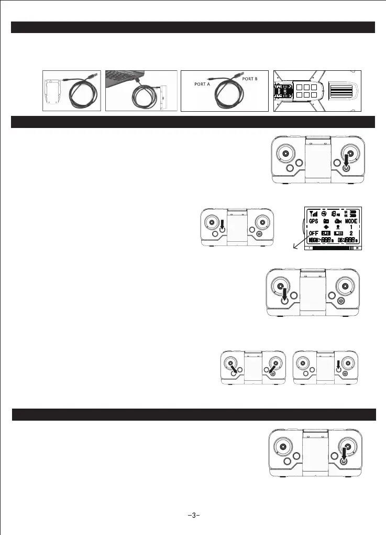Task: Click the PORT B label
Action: [x=249, y=79]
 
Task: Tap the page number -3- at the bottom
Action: [x=193, y=515]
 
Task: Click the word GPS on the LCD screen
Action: [x=313, y=222]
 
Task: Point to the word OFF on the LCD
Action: [x=313, y=232]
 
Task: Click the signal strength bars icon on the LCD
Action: [x=314, y=213]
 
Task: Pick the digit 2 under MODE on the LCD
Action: [x=351, y=232]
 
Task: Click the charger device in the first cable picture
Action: [x=54, y=90]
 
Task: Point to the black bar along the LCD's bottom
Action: [x=332, y=249]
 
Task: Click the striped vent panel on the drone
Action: [x=343, y=91]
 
